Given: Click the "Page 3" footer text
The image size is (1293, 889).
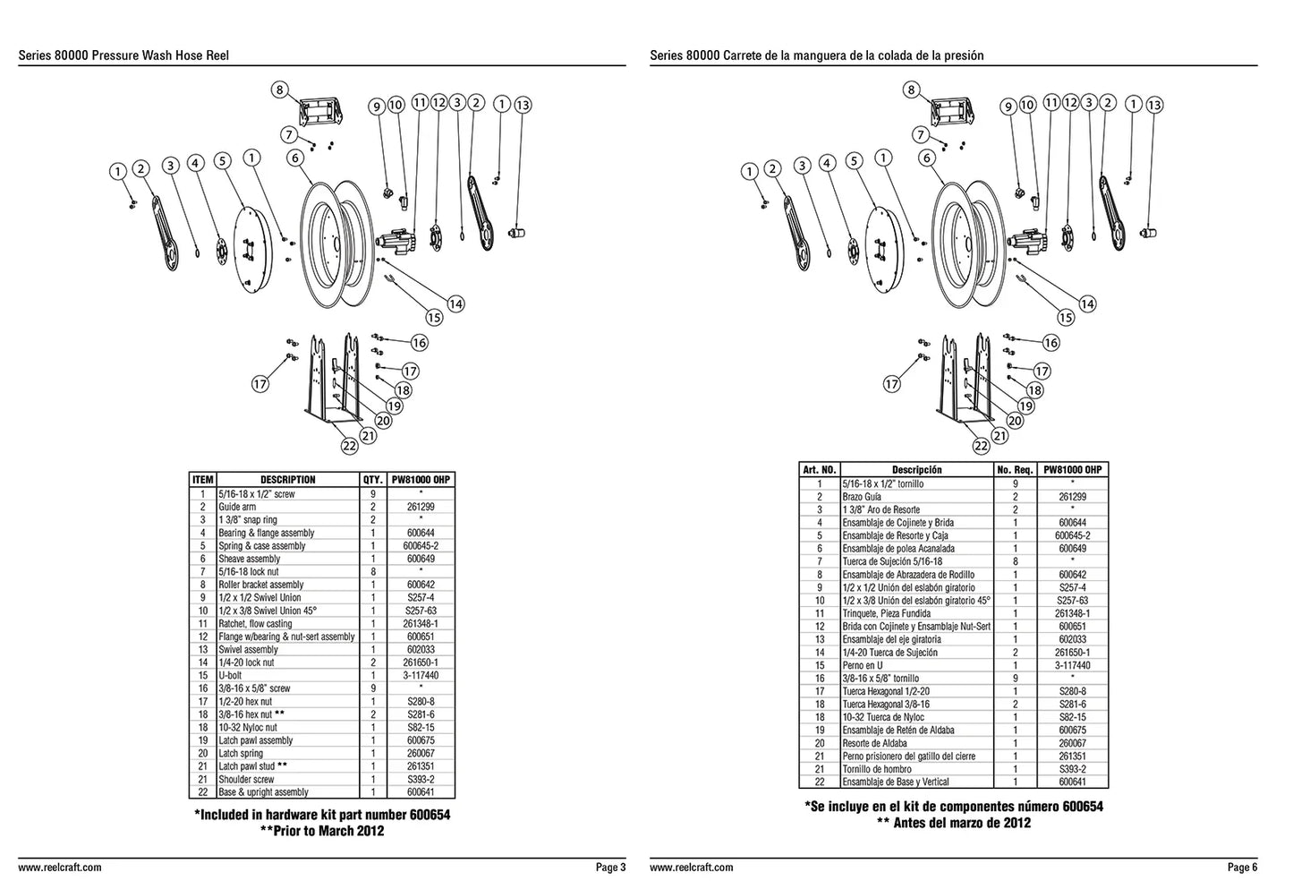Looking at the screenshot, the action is (x=611, y=867).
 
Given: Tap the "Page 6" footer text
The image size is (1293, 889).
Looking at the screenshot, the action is (x=1243, y=867).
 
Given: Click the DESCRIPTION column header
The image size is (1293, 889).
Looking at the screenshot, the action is (x=287, y=480).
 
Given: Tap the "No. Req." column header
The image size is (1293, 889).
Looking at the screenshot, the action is (x=1015, y=470).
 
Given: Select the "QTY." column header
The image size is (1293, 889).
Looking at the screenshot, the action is (x=373, y=480).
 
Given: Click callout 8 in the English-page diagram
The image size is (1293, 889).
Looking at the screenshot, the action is (x=280, y=90).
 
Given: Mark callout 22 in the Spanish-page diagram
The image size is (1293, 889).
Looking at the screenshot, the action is (x=982, y=445).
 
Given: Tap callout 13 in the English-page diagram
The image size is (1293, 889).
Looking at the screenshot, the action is (x=523, y=105).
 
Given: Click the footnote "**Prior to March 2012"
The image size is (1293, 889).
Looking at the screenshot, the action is (x=322, y=831).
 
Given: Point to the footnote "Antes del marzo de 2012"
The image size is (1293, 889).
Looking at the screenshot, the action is (x=962, y=823).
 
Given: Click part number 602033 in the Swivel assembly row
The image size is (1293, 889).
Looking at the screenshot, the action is (x=421, y=649).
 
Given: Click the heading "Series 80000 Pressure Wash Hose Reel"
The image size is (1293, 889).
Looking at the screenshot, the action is (x=123, y=56).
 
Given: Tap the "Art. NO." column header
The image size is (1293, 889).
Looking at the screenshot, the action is (x=820, y=470).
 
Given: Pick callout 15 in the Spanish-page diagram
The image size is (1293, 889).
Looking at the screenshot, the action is (x=1066, y=317).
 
